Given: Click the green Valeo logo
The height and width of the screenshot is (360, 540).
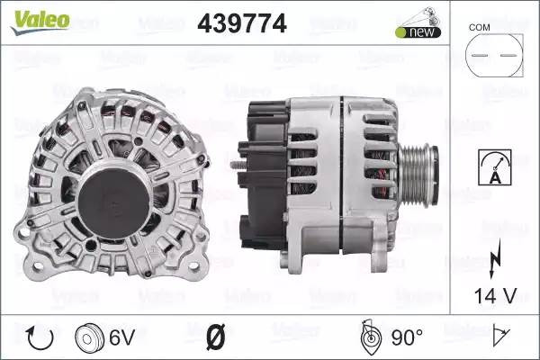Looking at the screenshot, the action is pyautogui.click(x=40, y=22).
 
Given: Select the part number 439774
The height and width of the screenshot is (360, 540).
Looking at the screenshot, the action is pyautogui.click(x=242, y=23).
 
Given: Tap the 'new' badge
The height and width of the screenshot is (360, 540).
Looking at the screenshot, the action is pyautogui.click(x=418, y=32).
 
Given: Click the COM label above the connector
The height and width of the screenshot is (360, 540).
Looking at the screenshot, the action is pyautogui.click(x=479, y=28).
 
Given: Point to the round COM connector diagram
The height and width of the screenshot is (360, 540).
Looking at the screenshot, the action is pyautogui.click(x=494, y=55).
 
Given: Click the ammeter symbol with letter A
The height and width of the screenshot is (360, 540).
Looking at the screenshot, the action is pyautogui.click(x=494, y=167).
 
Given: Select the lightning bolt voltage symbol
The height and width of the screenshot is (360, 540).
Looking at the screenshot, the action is pyautogui.click(x=494, y=258).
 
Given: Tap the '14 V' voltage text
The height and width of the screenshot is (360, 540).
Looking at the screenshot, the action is pyautogui.click(x=495, y=296).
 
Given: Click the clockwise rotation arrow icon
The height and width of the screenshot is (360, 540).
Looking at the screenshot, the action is pyautogui.click(x=40, y=337).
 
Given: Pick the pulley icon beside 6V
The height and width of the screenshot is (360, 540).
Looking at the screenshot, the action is pyautogui.click(x=89, y=337).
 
